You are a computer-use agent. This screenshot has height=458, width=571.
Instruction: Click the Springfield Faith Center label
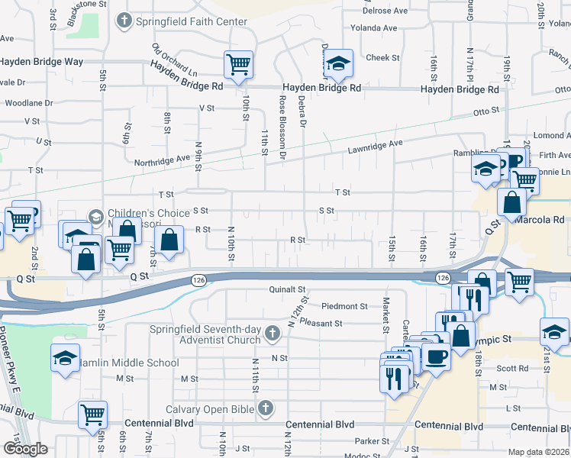click(x=191, y=21)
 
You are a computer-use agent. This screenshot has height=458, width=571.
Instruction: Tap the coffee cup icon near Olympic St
click(x=436, y=356)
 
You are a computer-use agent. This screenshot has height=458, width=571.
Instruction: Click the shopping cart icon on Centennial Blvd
click(x=92, y=415)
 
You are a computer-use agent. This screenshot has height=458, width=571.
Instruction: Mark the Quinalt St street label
click(x=287, y=290)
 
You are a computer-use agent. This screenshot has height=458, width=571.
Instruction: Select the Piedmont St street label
click(x=344, y=306)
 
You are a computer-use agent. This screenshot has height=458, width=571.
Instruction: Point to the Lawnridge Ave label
click(x=376, y=144)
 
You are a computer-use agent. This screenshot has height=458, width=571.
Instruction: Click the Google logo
click(x=25, y=449)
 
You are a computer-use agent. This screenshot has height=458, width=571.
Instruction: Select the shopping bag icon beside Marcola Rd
click(x=511, y=203)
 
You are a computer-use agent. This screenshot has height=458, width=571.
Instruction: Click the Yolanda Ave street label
click(x=374, y=28)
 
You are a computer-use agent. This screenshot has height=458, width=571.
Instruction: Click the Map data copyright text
click(x=538, y=452)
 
